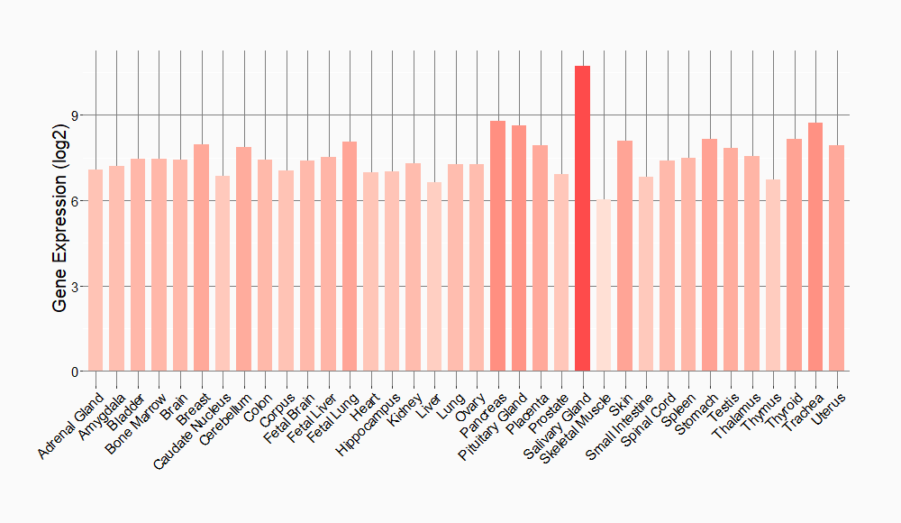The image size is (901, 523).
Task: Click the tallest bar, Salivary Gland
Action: click(582, 218)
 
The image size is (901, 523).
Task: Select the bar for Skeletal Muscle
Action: click(604, 285)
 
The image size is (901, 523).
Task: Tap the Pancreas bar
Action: click(497, 245)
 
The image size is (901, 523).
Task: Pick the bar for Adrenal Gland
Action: click(96, 270)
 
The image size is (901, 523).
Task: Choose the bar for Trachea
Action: click(815, 246)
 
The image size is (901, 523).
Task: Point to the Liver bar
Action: click(434, 276)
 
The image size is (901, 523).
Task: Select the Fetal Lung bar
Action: click(350, 256)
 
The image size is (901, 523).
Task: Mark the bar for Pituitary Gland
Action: click(519, 248)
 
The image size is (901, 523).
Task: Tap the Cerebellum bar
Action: click(243, 259)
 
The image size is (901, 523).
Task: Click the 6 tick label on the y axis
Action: click(75, 201)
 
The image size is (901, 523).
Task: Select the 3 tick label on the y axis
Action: click(75, 287)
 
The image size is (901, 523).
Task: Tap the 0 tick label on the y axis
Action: click(75, 372)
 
